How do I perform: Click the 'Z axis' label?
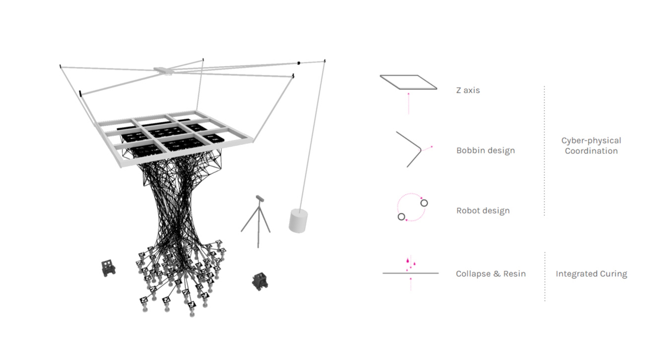click(x=468, y=90)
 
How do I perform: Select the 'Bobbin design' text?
click(x=486, y=150)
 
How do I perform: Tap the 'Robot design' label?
click(x=483, y=210)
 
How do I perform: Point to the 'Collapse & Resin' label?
click(x=491, y=273)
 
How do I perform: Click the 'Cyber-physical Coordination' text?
click(x=591, y=146)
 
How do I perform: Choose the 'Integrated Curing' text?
click(x=591, y=274)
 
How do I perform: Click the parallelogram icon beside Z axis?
click(x=408, y=82)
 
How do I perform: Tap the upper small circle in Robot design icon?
click(x=424, y=203)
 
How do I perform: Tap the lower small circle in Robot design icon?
click(x=401, y=217)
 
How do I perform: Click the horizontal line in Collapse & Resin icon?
click(x=410, y=273)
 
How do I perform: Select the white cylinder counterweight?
click(x=298, y=221)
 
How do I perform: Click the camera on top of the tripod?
click(x=260, y=198)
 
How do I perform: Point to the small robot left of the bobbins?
click(x=108, y=268)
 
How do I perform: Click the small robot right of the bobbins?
click(x=260, y=281)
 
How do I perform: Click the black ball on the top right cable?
click(x=299, y=63)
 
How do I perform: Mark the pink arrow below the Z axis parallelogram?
click(x=408, y=104)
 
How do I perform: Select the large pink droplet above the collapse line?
click(x=408, y=261)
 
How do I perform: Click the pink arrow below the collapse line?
click(x=411, y=284)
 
